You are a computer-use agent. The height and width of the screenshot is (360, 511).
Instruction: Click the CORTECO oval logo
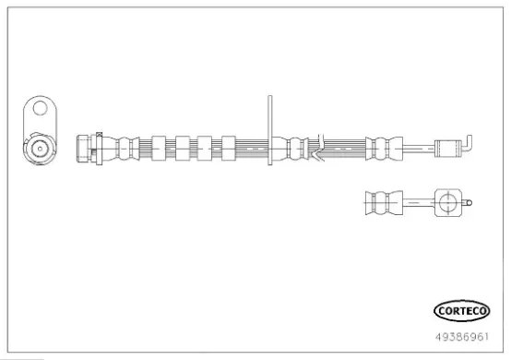click(x=462, y=311)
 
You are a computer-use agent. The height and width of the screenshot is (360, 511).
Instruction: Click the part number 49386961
click(x=462, y=337)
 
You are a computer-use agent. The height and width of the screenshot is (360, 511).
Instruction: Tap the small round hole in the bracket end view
click(x=40, y=108)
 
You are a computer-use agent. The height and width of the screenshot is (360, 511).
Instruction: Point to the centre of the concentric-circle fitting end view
click(x=40, y=149)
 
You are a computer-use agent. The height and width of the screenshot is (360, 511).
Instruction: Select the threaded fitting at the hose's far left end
click(x=84, y=149)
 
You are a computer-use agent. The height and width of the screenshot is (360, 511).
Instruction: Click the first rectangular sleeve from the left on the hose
click(x=159, y=149)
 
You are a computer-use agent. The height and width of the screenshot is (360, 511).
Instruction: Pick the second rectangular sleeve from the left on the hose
click(x=183, y=149)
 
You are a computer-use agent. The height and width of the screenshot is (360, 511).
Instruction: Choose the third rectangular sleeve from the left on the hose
click(x=205, y=149)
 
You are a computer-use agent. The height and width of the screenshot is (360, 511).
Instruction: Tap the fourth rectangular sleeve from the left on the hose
click(x=229, y=149)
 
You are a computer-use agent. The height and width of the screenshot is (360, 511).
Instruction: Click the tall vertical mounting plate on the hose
click(x=270, y=130)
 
